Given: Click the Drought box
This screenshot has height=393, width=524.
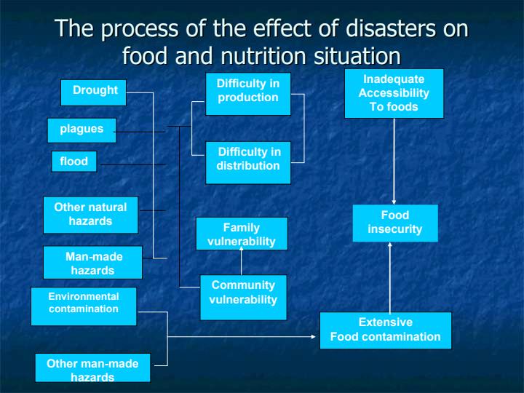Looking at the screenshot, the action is [94, 92].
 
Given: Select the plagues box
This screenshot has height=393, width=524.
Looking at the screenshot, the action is [82, 130].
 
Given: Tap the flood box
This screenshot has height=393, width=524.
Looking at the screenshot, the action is [74, 162].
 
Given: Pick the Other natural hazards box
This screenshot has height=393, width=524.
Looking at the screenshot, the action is [90, 215].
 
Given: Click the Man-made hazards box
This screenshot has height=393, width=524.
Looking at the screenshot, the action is [92, 262].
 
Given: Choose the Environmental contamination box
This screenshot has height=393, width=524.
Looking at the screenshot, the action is [84, 306].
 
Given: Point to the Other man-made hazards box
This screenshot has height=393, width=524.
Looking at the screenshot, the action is [93, 368].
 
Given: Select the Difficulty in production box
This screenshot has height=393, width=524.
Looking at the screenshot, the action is [248, 94].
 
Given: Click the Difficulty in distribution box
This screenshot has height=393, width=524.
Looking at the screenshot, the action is [248, 163].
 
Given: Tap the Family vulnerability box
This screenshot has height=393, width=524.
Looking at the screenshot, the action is [242, 234].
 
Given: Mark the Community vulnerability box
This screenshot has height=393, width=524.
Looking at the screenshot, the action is [243, 298].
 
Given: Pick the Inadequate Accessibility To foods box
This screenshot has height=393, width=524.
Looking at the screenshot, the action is [394, 94].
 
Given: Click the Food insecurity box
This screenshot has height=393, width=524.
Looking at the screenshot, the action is [395, 223].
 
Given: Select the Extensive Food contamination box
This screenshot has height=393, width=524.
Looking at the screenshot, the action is [386, 330].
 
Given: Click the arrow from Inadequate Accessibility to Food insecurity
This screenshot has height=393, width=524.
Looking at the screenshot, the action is [394, 162].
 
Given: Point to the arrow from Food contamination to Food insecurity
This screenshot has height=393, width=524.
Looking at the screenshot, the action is [389, 277].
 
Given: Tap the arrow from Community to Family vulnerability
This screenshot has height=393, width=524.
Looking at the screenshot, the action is [242, 261].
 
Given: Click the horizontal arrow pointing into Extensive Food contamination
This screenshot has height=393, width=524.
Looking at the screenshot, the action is [242, 336].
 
